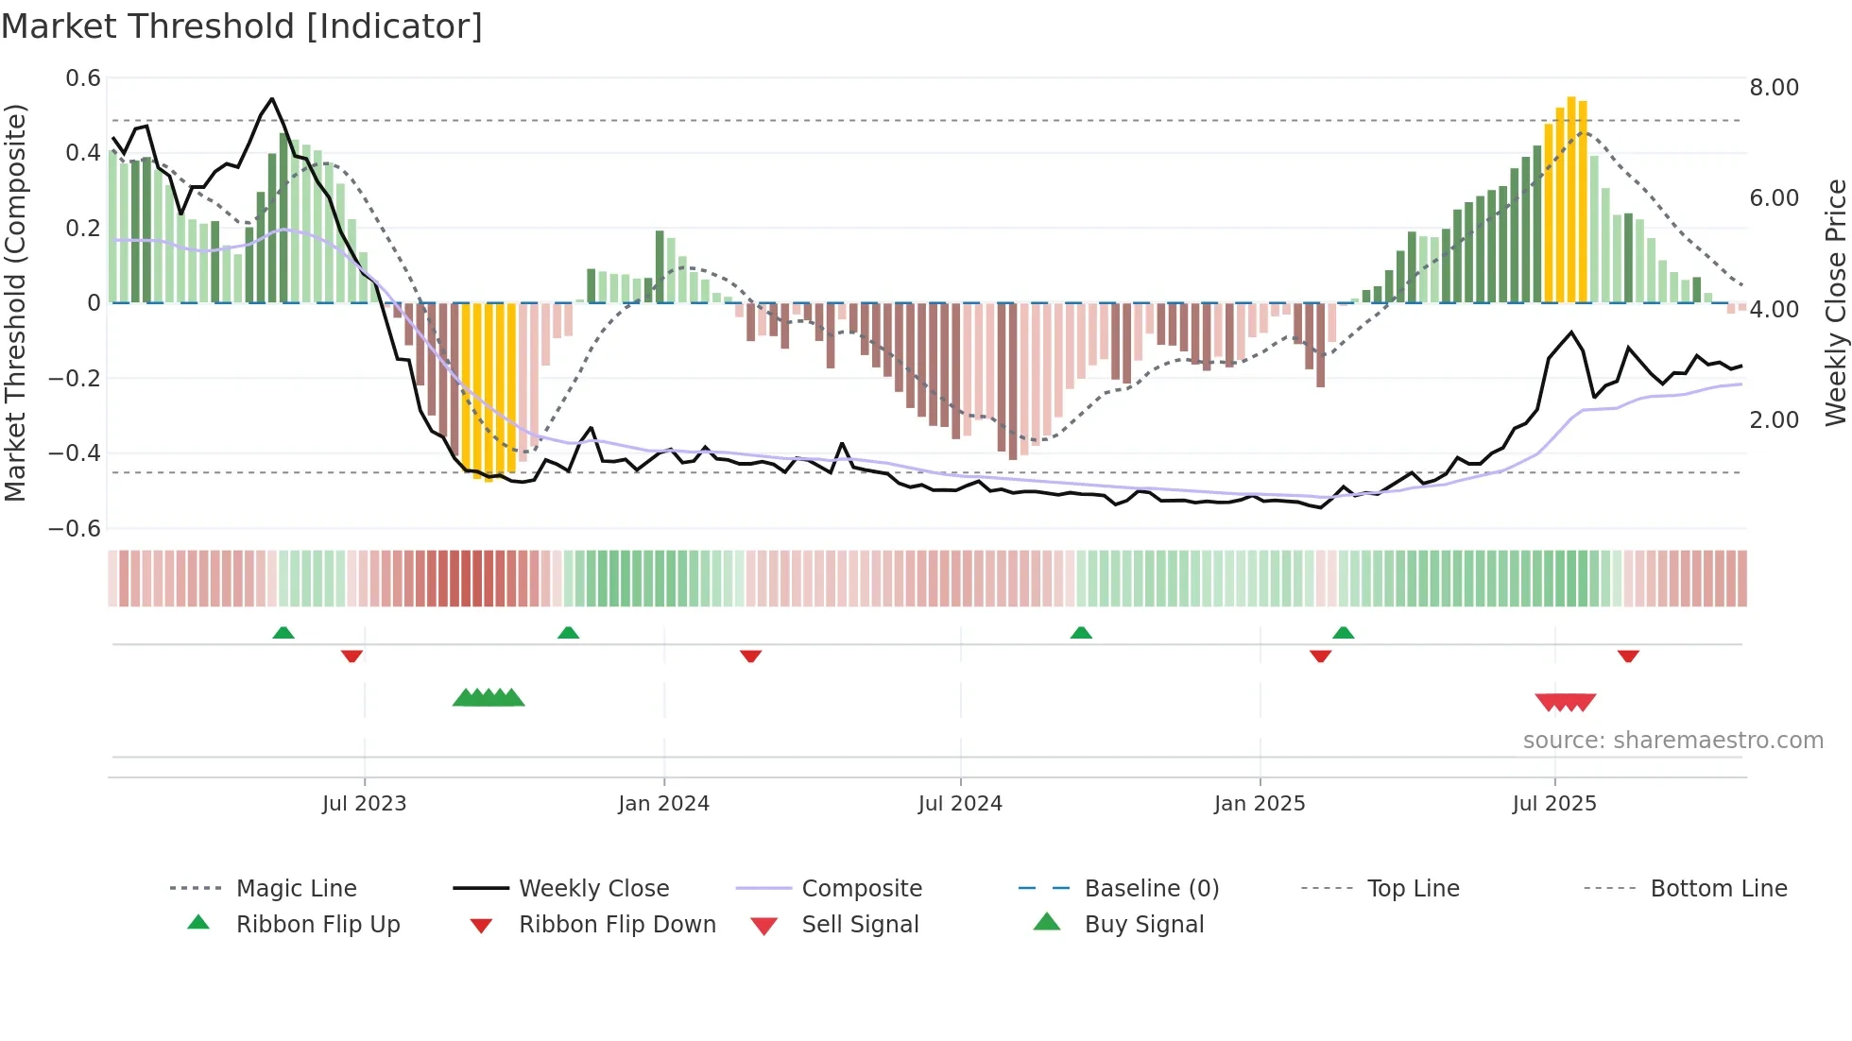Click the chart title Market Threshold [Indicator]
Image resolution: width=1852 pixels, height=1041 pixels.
242,26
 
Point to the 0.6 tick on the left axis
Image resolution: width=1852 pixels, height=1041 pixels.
83,78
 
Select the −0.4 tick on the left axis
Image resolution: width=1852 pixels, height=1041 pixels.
75,453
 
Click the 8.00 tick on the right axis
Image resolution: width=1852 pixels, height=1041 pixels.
1774,88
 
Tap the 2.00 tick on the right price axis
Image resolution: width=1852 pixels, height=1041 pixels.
1774,420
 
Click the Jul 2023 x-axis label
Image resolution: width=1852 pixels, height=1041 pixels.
364,804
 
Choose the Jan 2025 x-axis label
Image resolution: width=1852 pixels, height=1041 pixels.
1260,804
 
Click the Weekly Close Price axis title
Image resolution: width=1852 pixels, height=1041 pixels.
1834,302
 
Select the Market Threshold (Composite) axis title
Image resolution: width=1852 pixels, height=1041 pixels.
15,302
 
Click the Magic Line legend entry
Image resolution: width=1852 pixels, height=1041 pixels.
296,889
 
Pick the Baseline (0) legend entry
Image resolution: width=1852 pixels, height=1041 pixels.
1151,889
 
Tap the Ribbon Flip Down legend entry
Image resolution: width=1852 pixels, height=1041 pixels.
617,925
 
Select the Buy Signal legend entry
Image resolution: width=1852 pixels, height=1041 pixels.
1143,925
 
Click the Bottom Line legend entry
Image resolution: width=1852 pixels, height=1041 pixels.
1718,889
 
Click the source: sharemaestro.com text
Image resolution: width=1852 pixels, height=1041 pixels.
1672,741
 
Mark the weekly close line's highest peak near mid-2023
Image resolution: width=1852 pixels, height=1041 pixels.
272,98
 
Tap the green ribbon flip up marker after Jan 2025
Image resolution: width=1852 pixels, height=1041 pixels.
1343,633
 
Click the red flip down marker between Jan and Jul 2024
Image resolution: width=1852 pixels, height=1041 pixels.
751,656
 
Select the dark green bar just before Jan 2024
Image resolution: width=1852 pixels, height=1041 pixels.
660,266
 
